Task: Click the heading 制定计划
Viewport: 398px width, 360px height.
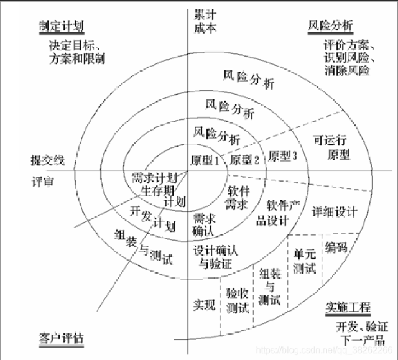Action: pos(61,25)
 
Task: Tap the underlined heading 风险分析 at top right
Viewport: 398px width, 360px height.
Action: pos(330,25)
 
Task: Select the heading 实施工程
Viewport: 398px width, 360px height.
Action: pos(348,307)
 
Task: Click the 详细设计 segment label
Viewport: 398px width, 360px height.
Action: pos(335,211)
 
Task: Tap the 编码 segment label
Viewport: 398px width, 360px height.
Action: pos(336,247)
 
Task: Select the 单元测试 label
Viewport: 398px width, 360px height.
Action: pos(304,261)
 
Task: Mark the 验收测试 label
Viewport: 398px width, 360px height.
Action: pos(237,300)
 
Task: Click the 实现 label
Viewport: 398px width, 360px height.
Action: pos(204,305)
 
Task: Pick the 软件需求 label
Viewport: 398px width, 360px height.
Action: pos(237,198)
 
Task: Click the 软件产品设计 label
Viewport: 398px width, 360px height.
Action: pos(283,211)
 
